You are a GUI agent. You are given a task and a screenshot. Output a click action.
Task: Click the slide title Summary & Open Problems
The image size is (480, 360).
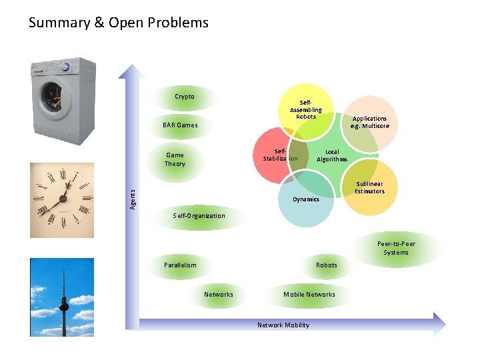(x=119, y=23)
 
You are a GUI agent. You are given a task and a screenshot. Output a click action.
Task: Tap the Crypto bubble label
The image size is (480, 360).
(x=185, y=97)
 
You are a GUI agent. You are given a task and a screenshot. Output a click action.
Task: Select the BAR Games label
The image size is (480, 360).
(x=180, y=125)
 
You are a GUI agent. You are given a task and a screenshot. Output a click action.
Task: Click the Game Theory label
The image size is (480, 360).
(x=175, y=159)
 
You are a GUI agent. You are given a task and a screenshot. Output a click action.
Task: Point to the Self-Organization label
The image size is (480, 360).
(x=199, y=215)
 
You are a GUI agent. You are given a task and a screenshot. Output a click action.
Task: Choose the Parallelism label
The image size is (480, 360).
(x=180, y=265)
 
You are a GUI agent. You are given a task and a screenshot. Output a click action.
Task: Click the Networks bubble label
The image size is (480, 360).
(x=219, y=294)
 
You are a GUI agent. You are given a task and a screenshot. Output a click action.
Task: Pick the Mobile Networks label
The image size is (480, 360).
(x=309, y=294)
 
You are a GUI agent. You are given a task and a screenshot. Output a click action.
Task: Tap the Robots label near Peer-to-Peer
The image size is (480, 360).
(x=326, y=265)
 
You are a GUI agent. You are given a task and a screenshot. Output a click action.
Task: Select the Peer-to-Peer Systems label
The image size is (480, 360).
(x=396, y=248)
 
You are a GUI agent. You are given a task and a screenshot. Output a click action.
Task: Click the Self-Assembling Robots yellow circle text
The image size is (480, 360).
(x=306, y=110)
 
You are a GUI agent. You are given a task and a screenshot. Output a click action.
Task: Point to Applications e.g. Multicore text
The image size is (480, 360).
(x=370, y=122)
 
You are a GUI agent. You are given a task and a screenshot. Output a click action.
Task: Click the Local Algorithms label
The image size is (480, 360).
(x=332, y=155)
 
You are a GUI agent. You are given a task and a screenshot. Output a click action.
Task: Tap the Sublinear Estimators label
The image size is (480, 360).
(x=369, y=187)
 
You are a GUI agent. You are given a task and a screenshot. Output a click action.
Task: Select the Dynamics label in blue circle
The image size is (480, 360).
(x=306, y=199)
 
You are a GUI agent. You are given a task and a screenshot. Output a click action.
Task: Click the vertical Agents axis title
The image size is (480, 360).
(x=133, y=199)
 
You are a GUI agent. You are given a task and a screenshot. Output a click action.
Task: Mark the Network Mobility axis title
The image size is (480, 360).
(x=283, y=325)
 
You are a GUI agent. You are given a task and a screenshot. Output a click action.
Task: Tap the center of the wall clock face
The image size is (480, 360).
(x=63, y=198)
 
